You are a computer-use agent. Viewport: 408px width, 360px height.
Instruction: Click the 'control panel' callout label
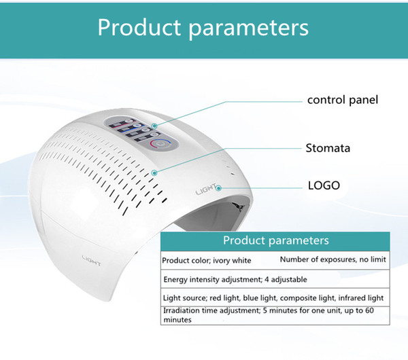click(x=343, y=100)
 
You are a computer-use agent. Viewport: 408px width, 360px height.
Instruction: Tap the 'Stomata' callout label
click(x=328, y=148)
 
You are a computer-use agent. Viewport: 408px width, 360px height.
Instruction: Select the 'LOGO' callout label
click(x=324, y=185)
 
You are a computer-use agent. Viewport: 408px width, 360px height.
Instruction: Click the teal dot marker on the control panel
click(x=154, y=126)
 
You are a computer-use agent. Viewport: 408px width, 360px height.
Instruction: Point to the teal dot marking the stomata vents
click(x=154, y=173)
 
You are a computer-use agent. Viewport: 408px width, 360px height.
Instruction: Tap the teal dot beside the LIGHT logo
click(x=218, y=188)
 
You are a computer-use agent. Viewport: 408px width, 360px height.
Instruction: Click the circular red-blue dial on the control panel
click(x=160, y=144)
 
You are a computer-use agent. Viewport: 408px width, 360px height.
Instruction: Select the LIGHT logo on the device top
click(x=205, y=190)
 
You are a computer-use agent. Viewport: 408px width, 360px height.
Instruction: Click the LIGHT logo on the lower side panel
click(x=91, y=261)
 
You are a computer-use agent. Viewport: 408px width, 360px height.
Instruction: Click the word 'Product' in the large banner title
click(x=139, y=27)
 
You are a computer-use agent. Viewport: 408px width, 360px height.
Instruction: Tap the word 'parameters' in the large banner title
click(x=248, y=29)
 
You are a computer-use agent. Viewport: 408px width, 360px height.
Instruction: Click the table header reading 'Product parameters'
click(x=276, y=240)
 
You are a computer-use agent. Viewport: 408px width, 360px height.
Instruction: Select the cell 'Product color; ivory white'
click(x=207, y=260)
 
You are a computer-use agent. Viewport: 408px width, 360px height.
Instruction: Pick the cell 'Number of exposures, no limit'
click(x=333, y=259)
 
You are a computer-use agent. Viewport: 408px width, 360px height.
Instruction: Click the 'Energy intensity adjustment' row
click(x=235, y=280)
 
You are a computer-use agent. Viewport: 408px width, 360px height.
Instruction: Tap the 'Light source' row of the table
click(x=273, y=298)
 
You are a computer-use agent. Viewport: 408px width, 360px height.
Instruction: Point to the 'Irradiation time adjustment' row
click(x=269, y=315)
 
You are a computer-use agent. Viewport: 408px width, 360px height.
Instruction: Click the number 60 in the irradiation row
click(x=369, y=310)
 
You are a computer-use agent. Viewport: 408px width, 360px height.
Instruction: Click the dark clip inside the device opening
click(x=239, y=206)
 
